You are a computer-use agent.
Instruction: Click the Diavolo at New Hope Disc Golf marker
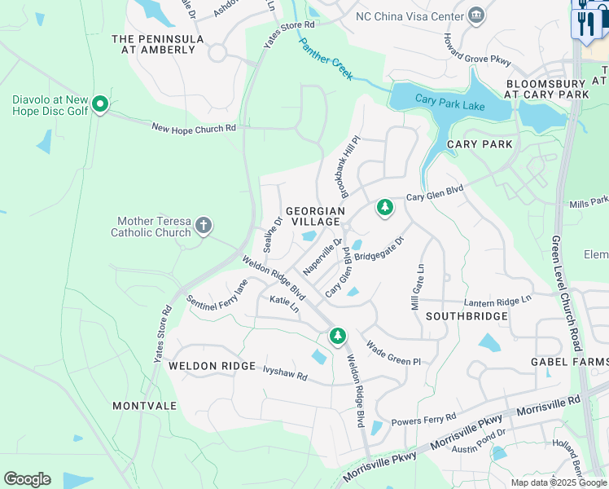pos(100,104)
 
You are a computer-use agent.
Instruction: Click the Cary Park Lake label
pos(449,104)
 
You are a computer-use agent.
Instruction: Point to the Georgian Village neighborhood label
pos(315,216)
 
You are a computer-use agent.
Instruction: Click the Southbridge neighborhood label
pos(467,315)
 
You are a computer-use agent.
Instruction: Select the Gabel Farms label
pos(569,362)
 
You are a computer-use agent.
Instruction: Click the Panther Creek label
pos(325,59)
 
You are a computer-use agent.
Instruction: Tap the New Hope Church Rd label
pos(194,128)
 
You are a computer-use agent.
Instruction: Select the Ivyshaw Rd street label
pos(285,372)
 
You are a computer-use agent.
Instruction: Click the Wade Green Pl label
pos(392,354)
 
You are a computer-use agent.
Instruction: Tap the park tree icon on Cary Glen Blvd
pos(384,209)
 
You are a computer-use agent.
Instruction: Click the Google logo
pos(27,479)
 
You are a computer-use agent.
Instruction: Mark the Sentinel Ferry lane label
pos(217,297)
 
